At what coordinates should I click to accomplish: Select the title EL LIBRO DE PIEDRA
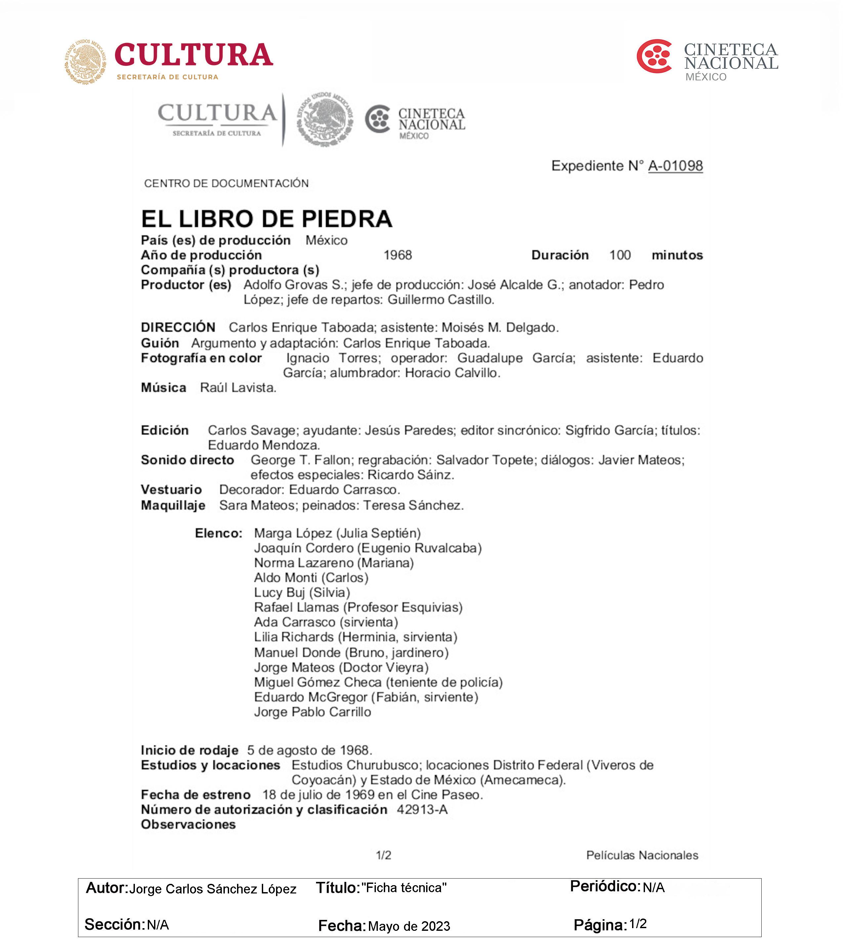(x=266, y=219)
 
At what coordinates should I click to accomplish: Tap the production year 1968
(x=398, y=255)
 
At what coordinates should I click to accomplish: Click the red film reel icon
(x=654, y=57)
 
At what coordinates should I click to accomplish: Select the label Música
(x=164, y=388)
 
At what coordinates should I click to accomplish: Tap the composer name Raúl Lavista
(x=238, y=388)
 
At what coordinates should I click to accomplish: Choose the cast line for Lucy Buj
(x=302, y=593)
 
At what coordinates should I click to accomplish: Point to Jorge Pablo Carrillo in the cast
(x=312, y=712)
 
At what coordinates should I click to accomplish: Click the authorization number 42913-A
(x=422, y=809)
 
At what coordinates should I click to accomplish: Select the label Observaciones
(x=188, y=824)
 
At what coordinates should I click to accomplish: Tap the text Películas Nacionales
(x=642, y=855)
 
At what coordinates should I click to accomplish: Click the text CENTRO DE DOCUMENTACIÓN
(x=226, y=183)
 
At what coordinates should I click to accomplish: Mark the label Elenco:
(x=218, y=533)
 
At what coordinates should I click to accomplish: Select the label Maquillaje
(x=173, y=505)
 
